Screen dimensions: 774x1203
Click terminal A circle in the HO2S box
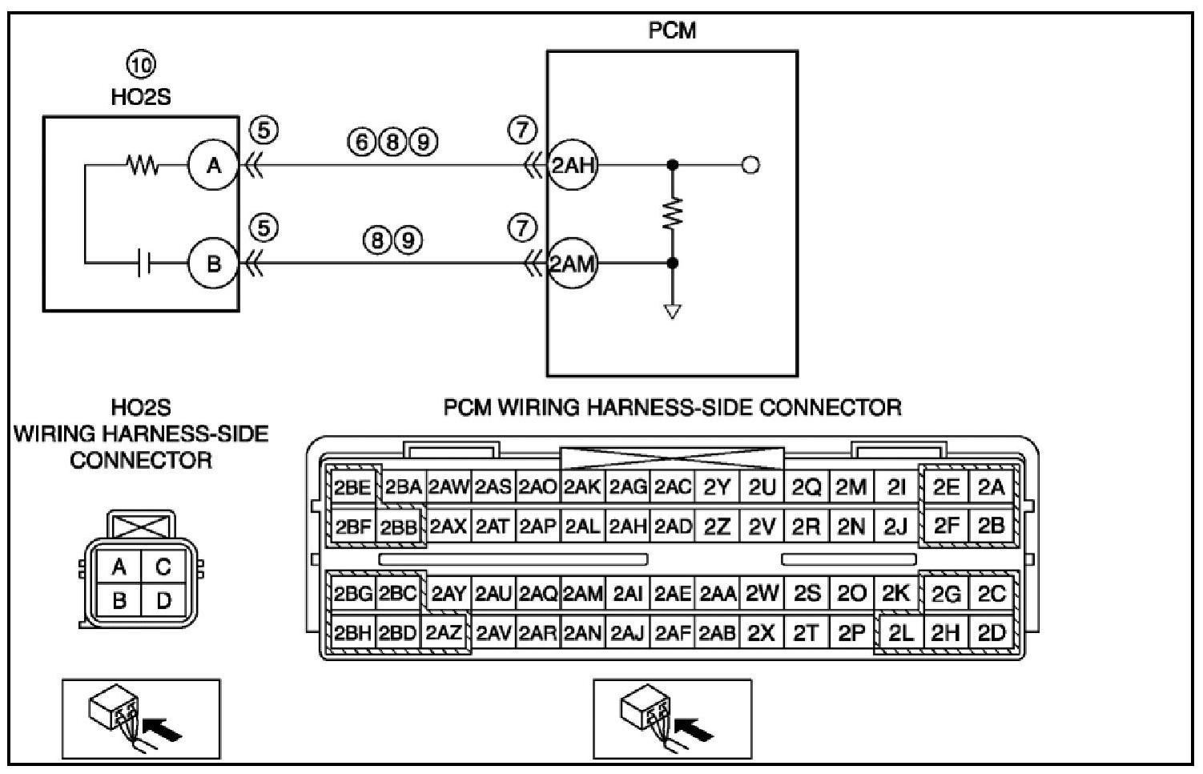[213, 165]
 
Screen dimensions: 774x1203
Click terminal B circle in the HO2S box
[213, 263]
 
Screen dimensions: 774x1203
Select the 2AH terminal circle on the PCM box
[572, 165]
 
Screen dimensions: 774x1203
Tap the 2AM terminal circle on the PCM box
[572, 263]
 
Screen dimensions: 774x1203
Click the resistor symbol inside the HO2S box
[143, 166]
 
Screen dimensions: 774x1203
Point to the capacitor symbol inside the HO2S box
[143, 263]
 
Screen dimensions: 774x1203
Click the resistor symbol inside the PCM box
[673, 212]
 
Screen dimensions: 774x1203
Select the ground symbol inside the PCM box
[673, 311]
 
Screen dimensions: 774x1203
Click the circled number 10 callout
[141, 63]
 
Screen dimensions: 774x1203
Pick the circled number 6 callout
[361, 142]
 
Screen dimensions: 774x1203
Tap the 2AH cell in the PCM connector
[628, 526]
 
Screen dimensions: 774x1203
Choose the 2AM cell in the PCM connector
[582, 594]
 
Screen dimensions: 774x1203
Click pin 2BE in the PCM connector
[352, 487]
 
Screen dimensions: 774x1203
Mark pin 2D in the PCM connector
[991, 633]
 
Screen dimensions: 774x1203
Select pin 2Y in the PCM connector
[717, 487]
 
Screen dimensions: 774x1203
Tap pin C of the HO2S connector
[163, 567]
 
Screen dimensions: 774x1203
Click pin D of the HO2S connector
[163, 600]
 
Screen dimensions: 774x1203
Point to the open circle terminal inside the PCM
[750, 165]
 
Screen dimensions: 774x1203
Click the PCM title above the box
[672, 30]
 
